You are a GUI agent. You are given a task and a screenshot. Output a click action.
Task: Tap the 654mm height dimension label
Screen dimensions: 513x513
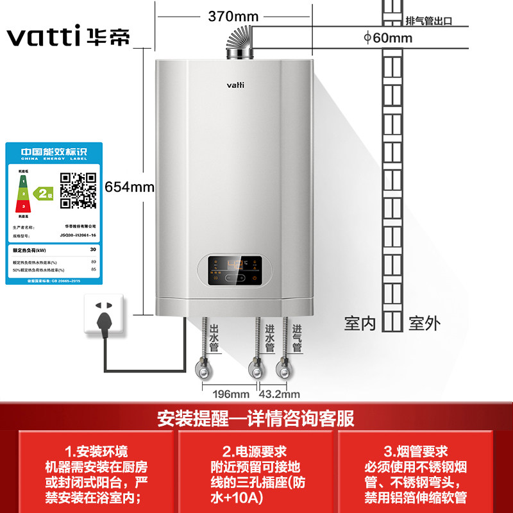pyautogui.click(x=130, y=187)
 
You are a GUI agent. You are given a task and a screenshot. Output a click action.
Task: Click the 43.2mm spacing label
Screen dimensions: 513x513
pyautogui.click(x=280, y=393)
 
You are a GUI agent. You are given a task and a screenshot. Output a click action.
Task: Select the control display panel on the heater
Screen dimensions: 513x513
pyautogui.click(x=235, y=271)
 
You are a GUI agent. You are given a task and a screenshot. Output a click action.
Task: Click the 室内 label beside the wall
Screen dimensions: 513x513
pyautogui.click(x=360, y=323)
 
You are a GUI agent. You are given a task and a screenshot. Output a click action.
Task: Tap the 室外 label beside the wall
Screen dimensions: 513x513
pyautogui.click(x=425, y=323)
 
